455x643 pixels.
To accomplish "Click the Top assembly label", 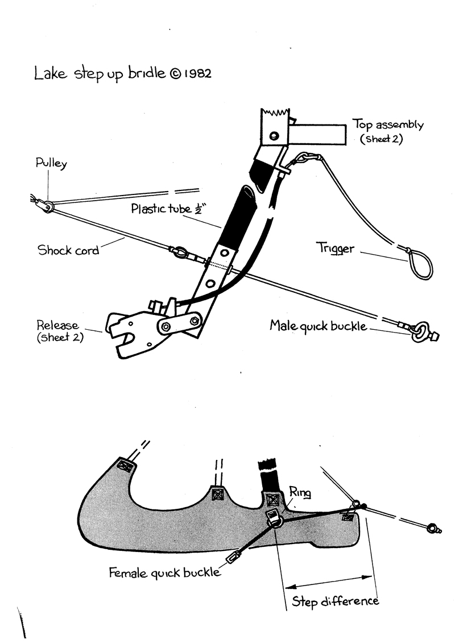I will [388, 126].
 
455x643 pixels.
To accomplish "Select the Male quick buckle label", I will [318, 327].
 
